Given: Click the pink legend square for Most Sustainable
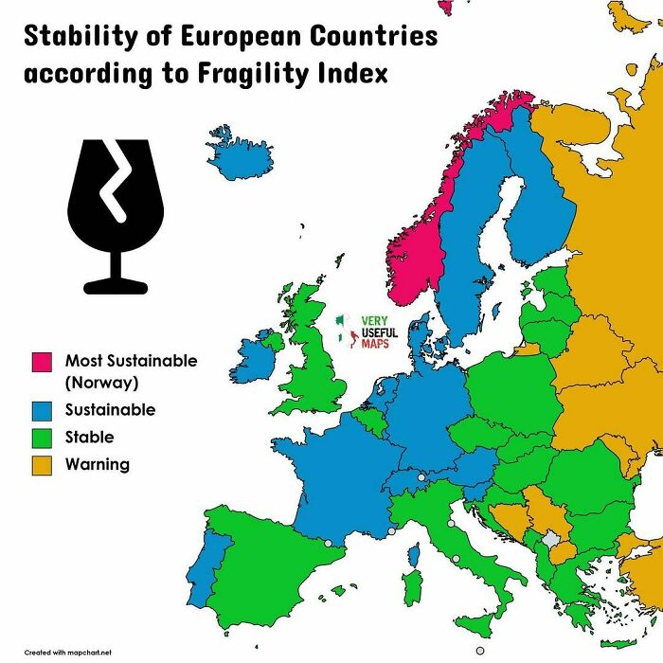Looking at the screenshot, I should tap(41, 363).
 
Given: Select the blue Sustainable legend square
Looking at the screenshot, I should tap(41, 410).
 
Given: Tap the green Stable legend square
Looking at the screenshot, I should tap(41, 438).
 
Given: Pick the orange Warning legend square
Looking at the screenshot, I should tap(41, 465).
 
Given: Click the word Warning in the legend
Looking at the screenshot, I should tap(97, 465).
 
